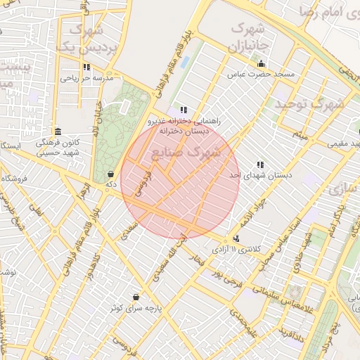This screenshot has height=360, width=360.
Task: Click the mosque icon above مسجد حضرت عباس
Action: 261,63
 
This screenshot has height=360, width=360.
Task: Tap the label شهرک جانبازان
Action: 250,38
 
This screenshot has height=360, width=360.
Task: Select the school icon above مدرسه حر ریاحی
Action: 86,67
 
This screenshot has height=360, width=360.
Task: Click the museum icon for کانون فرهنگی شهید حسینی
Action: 57,131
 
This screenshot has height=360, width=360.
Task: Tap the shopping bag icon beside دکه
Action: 110,174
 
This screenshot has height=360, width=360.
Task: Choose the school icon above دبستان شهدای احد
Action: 260,165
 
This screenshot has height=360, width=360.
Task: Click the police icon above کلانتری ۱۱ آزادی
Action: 236,239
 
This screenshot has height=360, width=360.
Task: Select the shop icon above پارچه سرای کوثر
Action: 135,297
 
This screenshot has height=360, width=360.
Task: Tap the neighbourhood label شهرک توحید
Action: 309,104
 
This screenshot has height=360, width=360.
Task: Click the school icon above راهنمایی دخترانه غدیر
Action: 184,110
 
